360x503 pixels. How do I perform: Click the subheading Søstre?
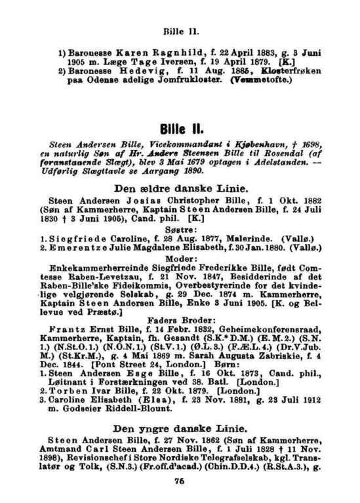pyautogui.click(x=180, y=224)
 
